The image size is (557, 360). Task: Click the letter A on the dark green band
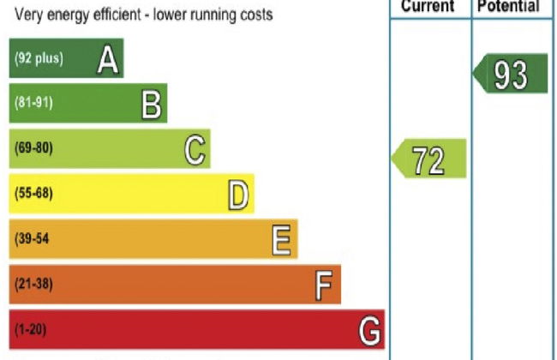pyautogui.click(x=107, y=58)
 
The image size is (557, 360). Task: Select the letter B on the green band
pyautogui.click(x=151, y=104)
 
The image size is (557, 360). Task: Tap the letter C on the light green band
pyautogui.click(x=195, y=149)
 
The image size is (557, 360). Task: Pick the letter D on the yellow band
pyautogui.click(x=239, y=195)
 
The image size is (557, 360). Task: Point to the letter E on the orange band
pyautogui.click(x=282, y=239)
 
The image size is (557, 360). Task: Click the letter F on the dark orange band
pyautogui.click(x=323, y=285)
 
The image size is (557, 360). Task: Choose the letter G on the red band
pyautogui.click(x=369, y=330)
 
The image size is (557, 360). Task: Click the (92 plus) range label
pyautogui.click(x=39, y=58)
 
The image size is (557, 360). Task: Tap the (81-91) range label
pyautogui.click(x=33, y=104)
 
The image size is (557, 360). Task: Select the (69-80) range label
pyautogui.click(x=33, y=148)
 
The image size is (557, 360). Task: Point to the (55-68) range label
pyautogui.click(x=33, y=194)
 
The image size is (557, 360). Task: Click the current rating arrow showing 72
pyautogui.click(x=429, y=159)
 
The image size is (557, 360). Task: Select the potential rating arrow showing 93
pyautogui.click(x=511, y=75)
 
